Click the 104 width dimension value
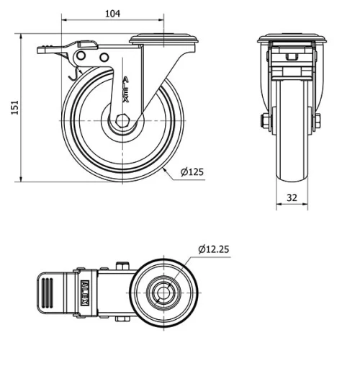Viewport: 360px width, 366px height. (x=112, y=13)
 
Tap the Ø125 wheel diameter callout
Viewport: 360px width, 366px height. (x=192, y=171)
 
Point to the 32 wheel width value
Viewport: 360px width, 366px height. (x=292, y=195)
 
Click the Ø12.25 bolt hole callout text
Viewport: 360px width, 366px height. (x=215, y=249)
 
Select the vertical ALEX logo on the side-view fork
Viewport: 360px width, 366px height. (x=127, y=90)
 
